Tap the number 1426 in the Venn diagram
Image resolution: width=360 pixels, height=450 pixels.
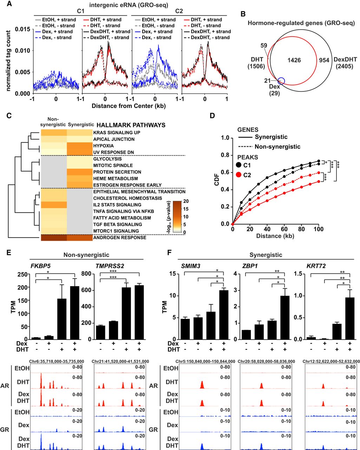294,60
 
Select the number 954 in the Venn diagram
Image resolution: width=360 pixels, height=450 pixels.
324,60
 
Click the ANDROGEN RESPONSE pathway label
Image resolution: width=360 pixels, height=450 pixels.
120,238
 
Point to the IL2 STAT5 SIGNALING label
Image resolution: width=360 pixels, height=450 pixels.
117,205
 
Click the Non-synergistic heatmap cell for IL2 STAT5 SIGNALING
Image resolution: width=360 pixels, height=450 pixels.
54,205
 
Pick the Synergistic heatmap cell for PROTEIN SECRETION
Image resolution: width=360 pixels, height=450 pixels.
80,172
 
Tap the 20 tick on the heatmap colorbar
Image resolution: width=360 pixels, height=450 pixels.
186,201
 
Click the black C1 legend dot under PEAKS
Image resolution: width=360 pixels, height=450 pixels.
238,165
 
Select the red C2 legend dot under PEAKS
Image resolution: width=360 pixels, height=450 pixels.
238,175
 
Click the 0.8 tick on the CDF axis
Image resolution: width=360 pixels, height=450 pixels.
225,155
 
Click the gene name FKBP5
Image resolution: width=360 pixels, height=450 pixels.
40,266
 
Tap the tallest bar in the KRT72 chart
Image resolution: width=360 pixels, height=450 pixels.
350,318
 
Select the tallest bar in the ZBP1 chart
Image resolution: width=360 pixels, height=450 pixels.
285,317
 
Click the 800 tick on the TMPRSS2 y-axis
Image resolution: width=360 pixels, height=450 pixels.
87,274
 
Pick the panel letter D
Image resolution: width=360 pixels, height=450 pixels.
212,116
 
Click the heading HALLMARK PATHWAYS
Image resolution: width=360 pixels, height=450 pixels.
131,125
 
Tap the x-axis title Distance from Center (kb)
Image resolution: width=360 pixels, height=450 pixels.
129,106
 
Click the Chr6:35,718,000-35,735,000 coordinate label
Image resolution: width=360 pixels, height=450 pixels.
57,361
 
